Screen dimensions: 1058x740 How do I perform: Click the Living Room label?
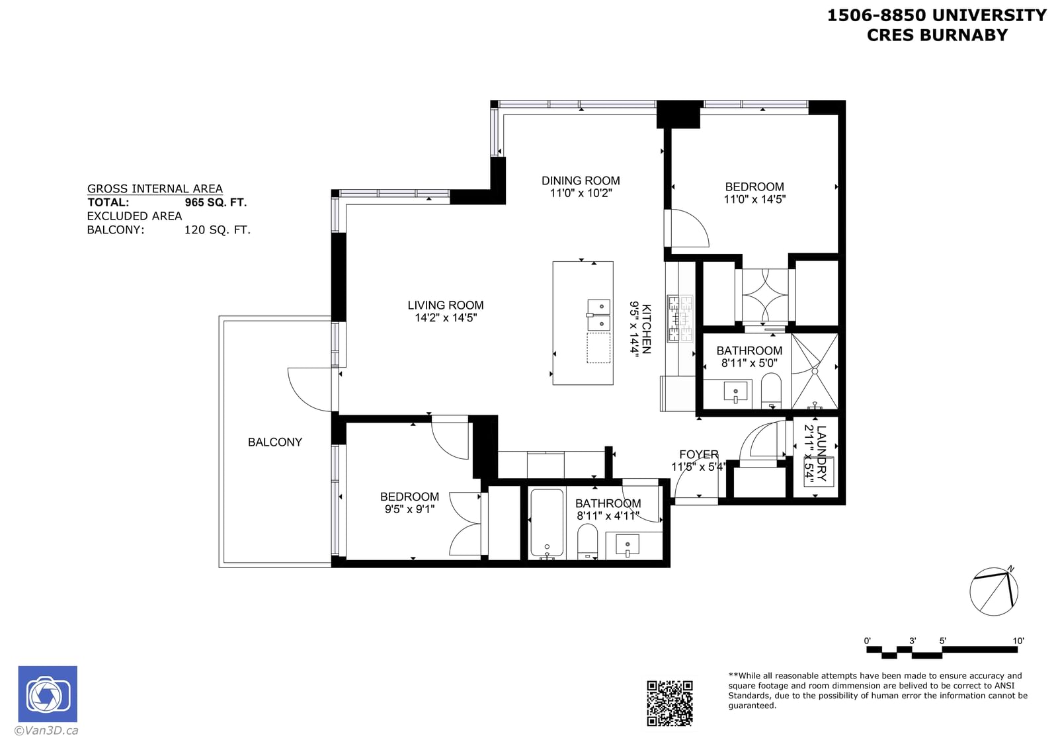coord(446,305)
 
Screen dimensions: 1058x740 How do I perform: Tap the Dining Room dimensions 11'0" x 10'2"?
coord(581,193)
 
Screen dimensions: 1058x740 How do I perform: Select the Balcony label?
coord(275,442)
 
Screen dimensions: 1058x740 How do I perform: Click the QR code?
coord(670,703)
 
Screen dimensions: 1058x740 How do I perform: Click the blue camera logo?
coord(48,694)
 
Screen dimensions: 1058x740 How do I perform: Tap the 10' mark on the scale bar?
coord(1018,641)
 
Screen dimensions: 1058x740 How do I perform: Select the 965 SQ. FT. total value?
coord(216,202)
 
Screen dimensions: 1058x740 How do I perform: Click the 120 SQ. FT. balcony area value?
coord(218,230)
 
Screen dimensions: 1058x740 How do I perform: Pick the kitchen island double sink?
coord(599,315)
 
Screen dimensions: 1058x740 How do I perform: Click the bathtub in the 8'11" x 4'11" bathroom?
coord(547,524)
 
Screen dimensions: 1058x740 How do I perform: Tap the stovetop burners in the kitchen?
coord(680,318)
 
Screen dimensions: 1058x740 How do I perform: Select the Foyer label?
coord(698,454)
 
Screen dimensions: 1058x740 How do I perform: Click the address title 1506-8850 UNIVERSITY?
coord(937,15)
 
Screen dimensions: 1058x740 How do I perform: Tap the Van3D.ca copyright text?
coord(46,730)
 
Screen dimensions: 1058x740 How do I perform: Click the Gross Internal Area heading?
coord(155,189)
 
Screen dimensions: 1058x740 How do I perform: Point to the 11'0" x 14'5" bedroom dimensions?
coord(754,199)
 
